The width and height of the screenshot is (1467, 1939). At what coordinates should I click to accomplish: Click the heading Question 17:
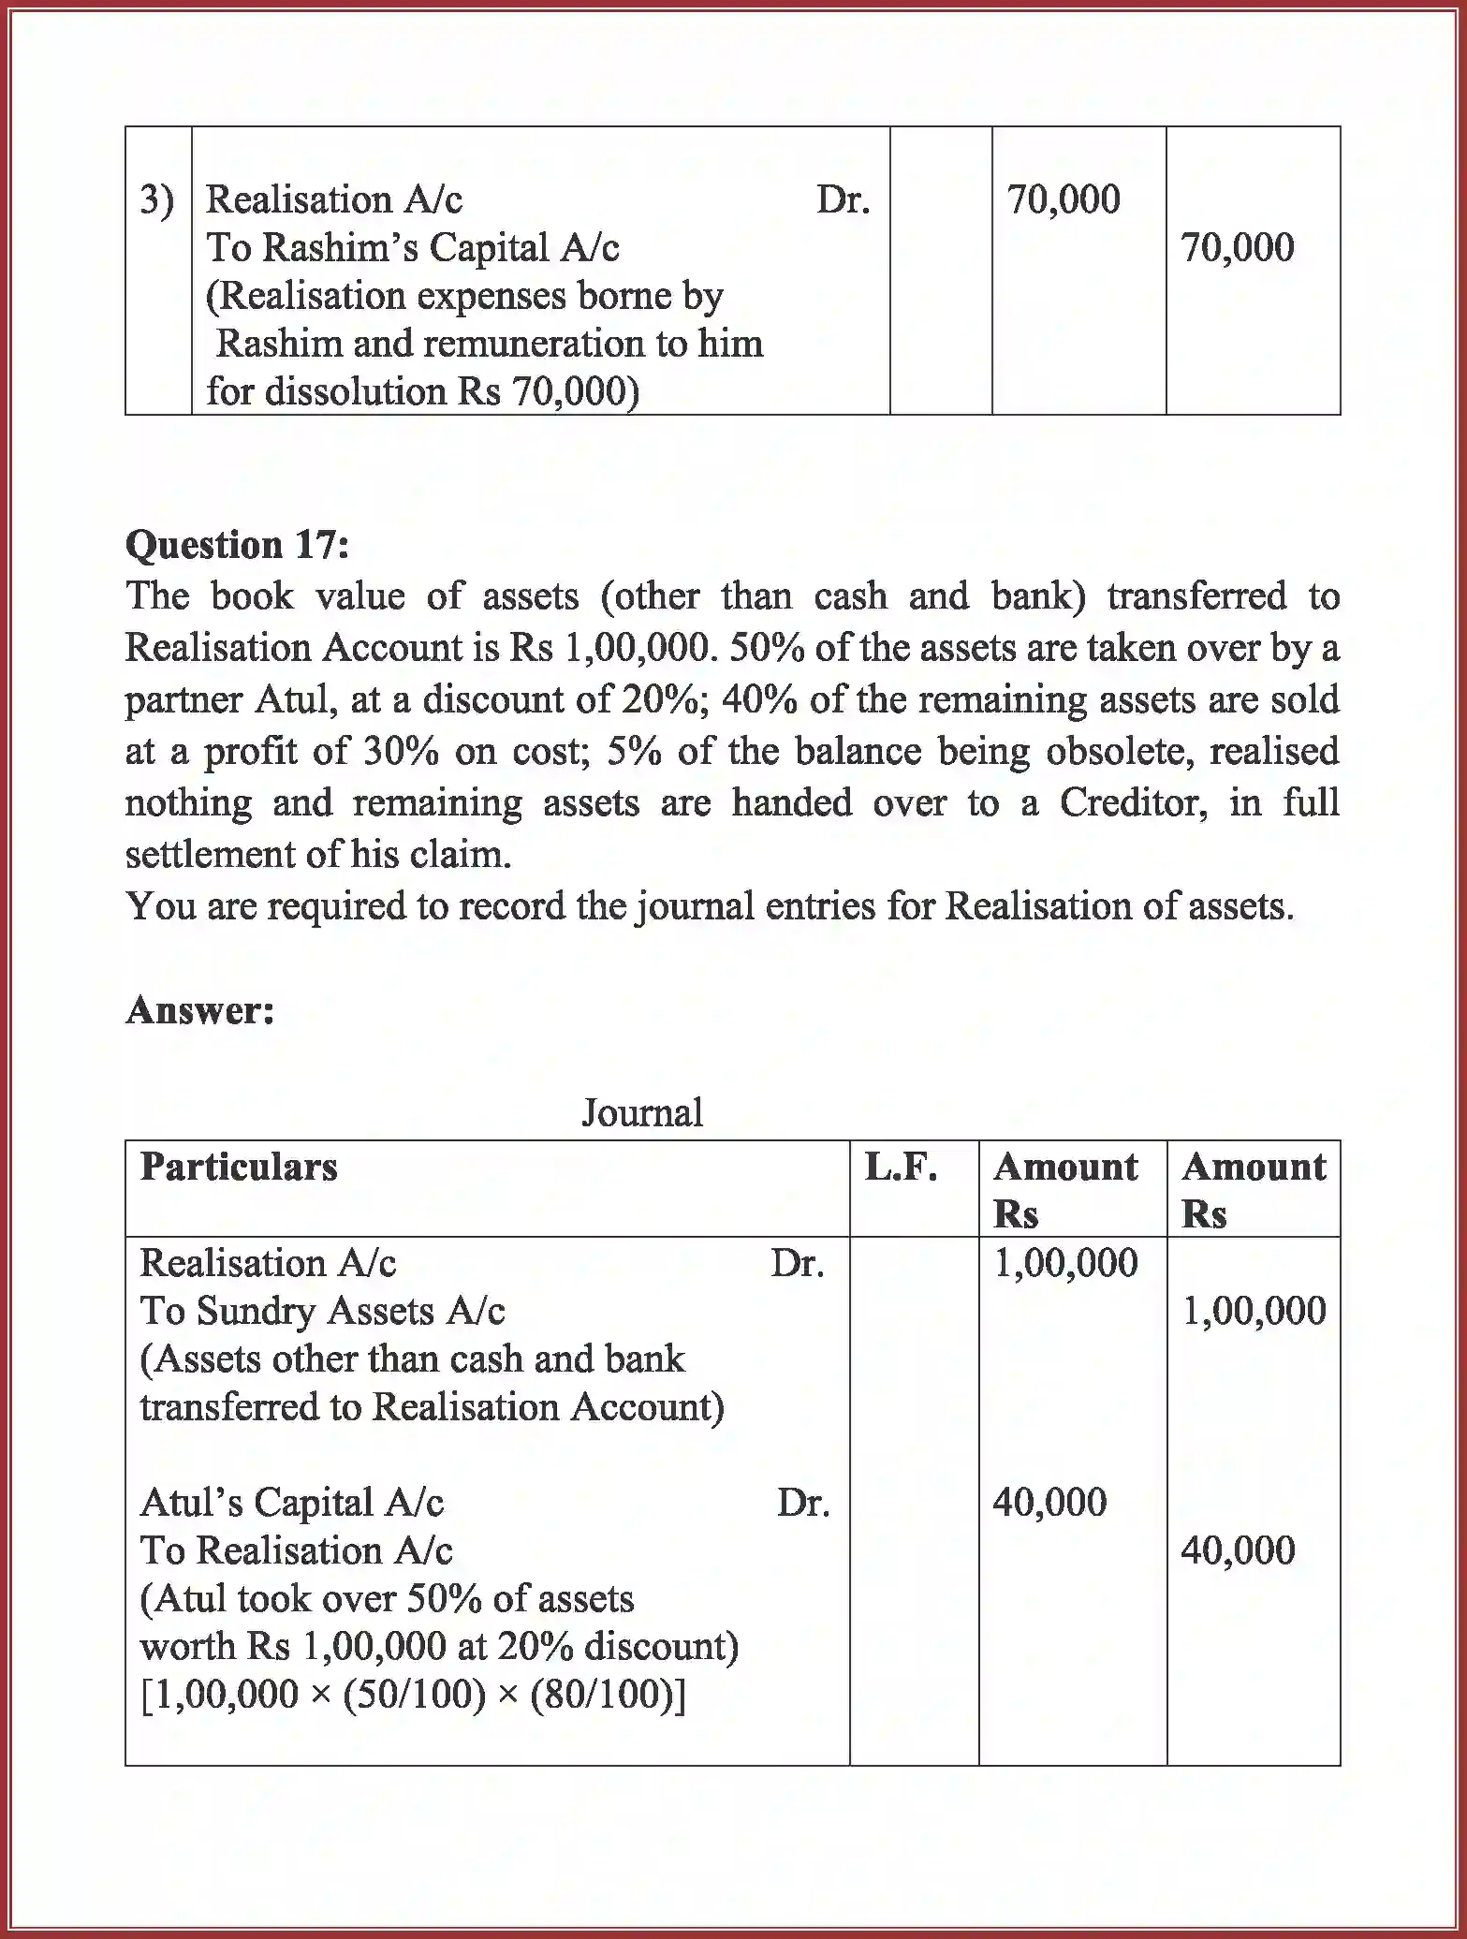[x=237, y=545]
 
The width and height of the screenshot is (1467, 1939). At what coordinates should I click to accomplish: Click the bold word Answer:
[x=199, y=1010]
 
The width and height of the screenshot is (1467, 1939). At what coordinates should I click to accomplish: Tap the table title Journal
[x=641, y=1113]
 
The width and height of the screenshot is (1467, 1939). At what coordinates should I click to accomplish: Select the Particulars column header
[x=239, y=1168]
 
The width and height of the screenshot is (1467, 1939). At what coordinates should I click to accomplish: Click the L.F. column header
[x=900, y=1168]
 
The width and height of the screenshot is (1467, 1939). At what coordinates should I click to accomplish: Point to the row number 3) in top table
[x=156, y=200]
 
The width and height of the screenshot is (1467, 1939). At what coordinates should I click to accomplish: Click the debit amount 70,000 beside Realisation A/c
[x=1063, y=200]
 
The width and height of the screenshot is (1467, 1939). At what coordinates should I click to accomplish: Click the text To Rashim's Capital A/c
[x=412, y=248]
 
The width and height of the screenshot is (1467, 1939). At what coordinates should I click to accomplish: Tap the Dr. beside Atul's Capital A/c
[x=802, y=1504]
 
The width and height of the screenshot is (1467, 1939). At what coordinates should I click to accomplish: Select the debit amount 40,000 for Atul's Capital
[x=1049, y=1504]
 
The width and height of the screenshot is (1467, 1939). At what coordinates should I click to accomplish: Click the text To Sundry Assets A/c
[x=322, y=1312]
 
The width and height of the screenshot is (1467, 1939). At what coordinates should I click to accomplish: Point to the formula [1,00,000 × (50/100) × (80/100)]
[x=413, y=1696]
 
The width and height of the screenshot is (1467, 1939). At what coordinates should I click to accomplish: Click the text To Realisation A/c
[x=296, y=1551]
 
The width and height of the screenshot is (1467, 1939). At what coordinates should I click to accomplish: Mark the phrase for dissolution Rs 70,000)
[x=422, y=391]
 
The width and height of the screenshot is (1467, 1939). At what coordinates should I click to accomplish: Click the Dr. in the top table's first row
[x=843, y=200]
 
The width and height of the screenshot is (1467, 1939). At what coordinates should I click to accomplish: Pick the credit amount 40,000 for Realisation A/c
[x=1238, y=1551]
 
